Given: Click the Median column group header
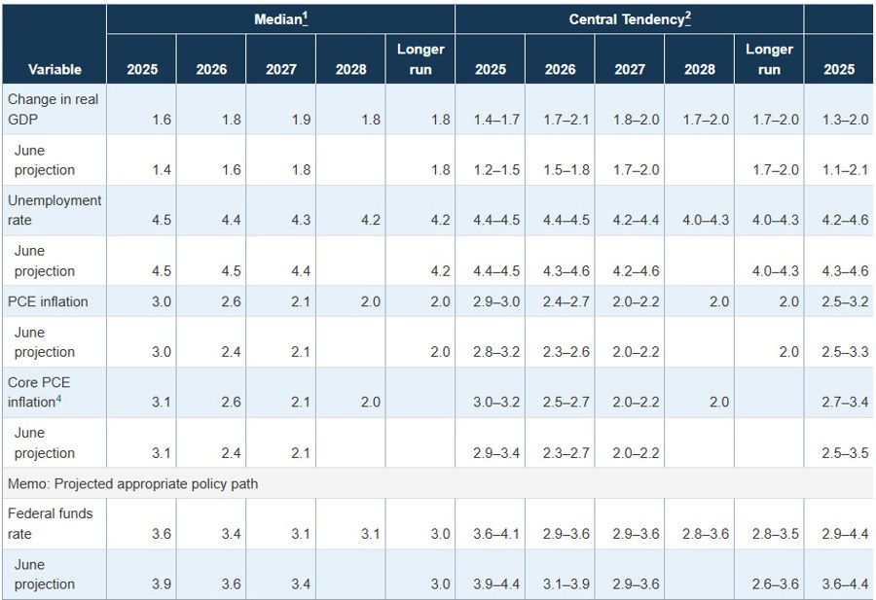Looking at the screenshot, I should click(x=281, y=19).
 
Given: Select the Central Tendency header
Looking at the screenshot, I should click(x=629, y=19).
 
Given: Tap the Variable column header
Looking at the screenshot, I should click(x=55, y=70).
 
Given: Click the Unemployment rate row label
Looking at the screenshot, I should click(x=54, y=210).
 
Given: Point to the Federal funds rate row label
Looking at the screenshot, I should click(x=50, y=523).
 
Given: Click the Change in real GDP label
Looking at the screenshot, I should click(x=53, y=109).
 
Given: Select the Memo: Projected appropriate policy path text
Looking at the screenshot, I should click(x=132, y=483).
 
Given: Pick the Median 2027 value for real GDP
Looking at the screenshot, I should click(x=301, y=120).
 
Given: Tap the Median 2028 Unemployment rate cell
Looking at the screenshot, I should click(x=370, y=221).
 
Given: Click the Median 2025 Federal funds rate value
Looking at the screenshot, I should click(x=162, y=534).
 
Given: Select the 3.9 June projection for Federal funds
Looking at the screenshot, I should click(x=162, y=584).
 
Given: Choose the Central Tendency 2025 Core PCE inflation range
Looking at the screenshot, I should click(x=490, y=403).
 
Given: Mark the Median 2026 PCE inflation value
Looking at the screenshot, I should click(x=231, y=301).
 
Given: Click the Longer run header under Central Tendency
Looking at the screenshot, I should click(x=769, y=59).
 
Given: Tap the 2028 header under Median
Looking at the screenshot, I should click(x=351, y=70).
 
